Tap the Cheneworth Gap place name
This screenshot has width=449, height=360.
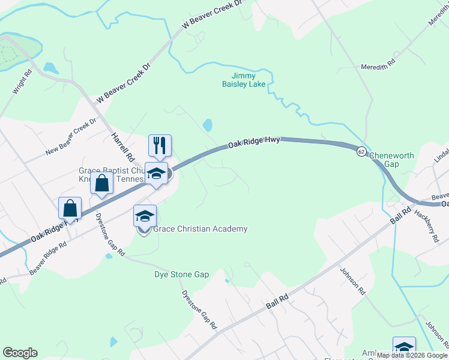[x=391, y=160]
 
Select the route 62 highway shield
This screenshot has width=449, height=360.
[x=361, y=151]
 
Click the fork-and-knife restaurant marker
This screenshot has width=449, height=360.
[x=160, y=145]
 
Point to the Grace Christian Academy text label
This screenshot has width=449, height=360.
[x=200, y=229]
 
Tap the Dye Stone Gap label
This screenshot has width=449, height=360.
[x=181, y=274]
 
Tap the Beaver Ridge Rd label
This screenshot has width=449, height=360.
[x=47, y=257]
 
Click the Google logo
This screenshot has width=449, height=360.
[x=20, y=353]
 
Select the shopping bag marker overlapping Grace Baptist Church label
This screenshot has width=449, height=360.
[x=101, y=182]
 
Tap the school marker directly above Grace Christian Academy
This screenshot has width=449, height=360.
[x=145, y=216]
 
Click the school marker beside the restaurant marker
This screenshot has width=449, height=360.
[x=156, y=173]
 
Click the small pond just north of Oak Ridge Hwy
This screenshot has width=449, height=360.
[x=208, y=125]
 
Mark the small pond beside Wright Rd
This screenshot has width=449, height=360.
[x=50, y=68]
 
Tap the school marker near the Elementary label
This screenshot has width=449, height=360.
[x=404, y=347]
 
